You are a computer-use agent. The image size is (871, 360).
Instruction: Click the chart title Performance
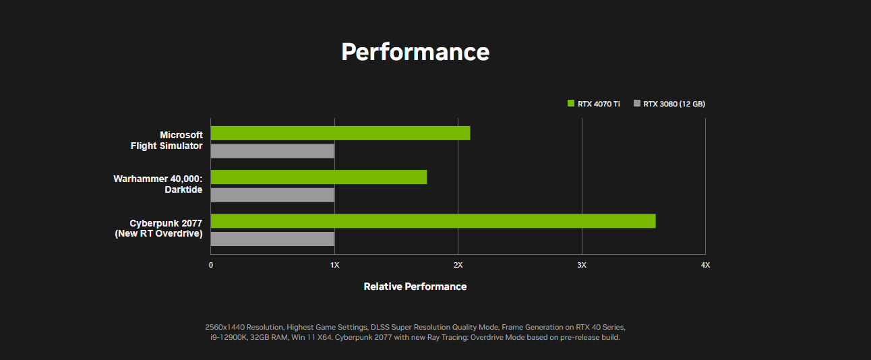tap(415, 52)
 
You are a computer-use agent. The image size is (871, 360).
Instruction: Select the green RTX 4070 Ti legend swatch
tap(571, 103)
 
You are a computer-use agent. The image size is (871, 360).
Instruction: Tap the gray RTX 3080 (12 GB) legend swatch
tap(637, 103)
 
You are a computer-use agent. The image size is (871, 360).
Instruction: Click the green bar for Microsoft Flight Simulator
tap(340, 133)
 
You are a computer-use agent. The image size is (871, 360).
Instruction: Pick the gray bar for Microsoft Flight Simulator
tap(272, 151)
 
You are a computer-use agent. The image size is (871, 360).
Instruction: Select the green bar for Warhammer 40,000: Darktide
tap(319, 177)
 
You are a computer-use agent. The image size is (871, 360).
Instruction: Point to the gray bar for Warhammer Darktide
tap(272, 195)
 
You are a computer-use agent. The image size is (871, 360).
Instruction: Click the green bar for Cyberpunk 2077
tap(433, 221)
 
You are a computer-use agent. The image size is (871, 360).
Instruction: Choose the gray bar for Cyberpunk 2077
tap(272, 239)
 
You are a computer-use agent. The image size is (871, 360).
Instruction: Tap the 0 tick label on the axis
tap(211, 265)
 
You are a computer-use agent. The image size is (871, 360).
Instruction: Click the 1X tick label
tap(334, 265)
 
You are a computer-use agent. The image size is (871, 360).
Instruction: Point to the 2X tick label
tap(458, 265)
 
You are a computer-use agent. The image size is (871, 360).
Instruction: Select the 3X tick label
tap(582, 265)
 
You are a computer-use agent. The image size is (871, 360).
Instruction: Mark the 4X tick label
tap(705, 265)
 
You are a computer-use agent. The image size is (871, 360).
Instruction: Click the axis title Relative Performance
tap(415, 287)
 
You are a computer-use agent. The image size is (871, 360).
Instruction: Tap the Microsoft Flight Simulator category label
tap(167, 140)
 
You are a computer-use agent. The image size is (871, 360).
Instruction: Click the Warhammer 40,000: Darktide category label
tap(158, 184)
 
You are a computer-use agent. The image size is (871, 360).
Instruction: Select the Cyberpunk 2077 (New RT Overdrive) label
tap(158, 229)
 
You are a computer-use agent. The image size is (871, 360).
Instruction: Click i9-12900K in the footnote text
tap(229, 338)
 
